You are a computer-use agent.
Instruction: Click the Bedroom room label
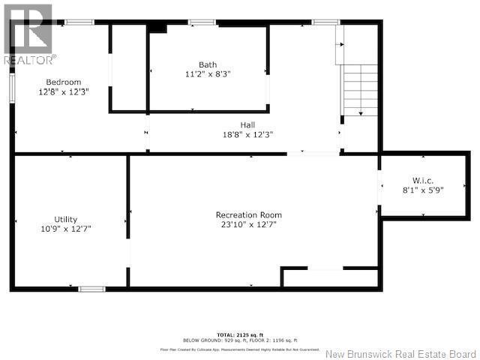tap(63, 82)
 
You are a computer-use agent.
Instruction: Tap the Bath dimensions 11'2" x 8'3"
tap(208, 74)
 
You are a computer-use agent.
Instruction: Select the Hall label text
tap(247, 124)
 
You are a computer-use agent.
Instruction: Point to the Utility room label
tap(66, 219)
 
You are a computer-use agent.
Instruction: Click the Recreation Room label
tap(248, 214)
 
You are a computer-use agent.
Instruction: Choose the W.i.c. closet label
tap(423, 180)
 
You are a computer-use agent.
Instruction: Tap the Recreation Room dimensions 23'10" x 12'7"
tap(248, 224)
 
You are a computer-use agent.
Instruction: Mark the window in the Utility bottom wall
tap(91, 289)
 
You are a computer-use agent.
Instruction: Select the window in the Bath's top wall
tap(202, 22)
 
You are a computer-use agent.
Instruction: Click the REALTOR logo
tap(28, 34)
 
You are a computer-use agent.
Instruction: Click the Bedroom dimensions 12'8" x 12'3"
tap(64, 91)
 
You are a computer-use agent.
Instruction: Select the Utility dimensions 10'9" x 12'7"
tap(67, 229)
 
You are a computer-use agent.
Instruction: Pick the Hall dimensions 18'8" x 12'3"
tap(247, 134)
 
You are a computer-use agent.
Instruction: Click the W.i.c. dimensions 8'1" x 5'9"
tap(423, 190)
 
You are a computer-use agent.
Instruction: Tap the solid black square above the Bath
tap(157, 27)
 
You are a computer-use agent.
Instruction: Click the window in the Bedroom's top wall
tap(79, 22)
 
